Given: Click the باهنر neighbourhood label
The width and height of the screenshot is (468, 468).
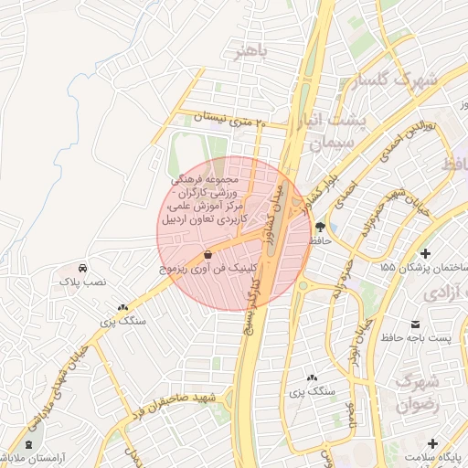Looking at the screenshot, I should [250, 52].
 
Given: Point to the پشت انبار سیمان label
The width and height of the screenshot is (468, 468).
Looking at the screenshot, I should [357, 132].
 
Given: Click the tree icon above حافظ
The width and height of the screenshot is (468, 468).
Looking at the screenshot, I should [320, 226].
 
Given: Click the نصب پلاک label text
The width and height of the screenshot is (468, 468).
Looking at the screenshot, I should [81, 284].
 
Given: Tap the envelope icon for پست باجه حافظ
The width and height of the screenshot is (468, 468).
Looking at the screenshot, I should [417, 324].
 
